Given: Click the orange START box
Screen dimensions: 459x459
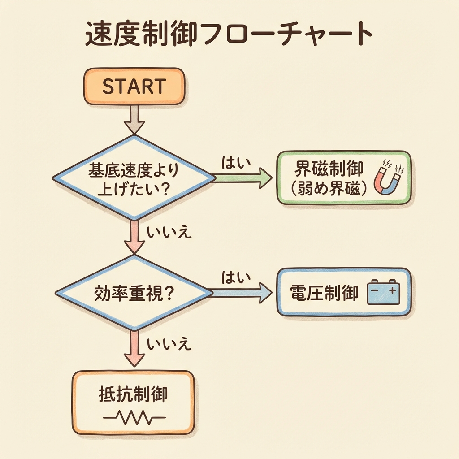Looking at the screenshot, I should pos(134,86).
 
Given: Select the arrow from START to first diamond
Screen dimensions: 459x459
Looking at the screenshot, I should pos(134,119).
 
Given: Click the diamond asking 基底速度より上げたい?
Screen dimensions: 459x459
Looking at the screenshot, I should pos(134,178).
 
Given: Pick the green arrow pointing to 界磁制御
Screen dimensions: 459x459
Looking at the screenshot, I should pos(242,178).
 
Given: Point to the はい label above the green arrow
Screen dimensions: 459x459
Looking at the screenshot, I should pos(235,163).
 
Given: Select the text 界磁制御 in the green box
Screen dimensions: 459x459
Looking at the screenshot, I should pos(329,170).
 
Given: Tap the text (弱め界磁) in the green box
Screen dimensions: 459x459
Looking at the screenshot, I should pos(329,189).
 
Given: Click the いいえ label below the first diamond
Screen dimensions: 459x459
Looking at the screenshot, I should pos(169,232).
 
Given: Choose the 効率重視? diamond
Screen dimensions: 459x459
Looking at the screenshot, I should pos(134,293).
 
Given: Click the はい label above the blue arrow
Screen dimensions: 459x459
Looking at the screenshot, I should pos(235,278).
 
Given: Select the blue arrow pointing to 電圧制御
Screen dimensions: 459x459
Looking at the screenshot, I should pos(242,293).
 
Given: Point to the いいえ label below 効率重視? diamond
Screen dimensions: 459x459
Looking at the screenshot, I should pos(169,345).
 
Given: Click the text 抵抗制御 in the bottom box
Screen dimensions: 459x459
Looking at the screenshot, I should pos(133,394).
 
